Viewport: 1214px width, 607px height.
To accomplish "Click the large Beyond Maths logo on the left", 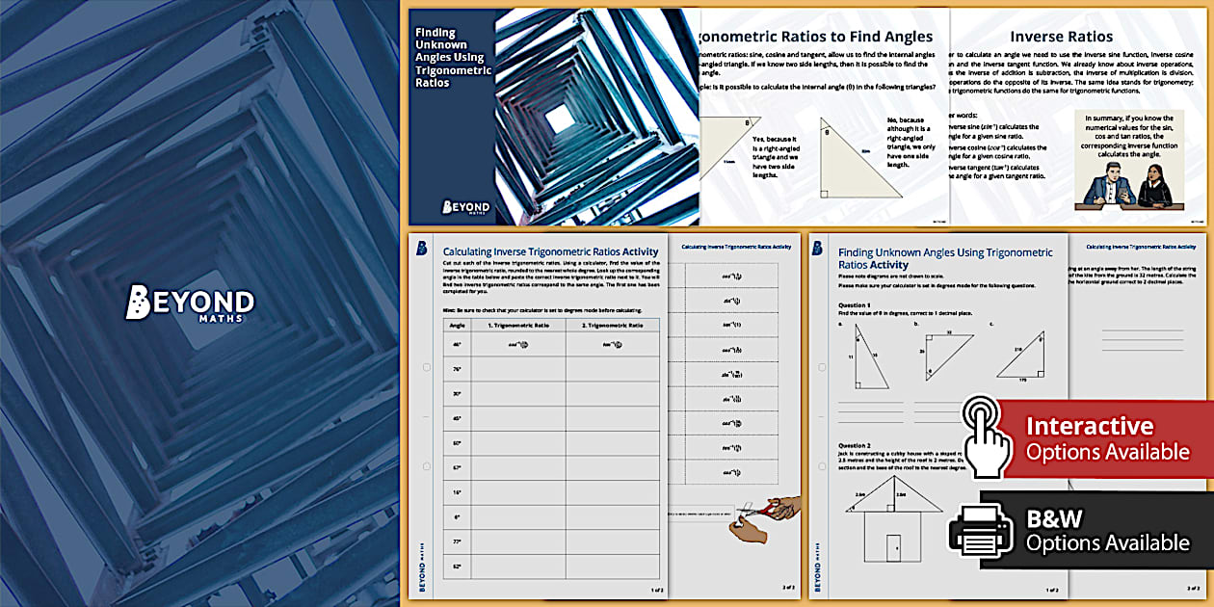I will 190,303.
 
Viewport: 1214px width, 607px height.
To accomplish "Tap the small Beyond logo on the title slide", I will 466,206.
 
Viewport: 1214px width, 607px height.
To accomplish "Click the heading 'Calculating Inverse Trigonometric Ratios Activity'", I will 549,251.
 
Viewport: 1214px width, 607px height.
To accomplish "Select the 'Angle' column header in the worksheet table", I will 456,326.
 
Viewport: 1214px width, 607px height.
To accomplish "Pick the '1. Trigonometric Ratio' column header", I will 517,326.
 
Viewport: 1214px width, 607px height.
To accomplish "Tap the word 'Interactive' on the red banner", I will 1089,427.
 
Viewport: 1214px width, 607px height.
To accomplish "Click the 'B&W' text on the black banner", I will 1055,518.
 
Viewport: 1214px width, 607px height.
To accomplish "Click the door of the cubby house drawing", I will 893,547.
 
